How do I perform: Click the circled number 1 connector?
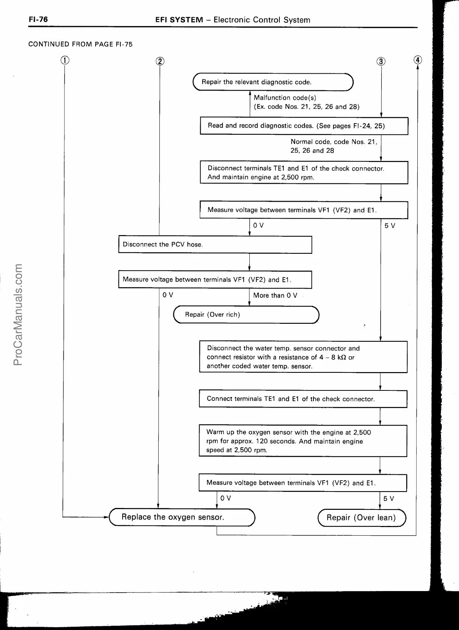click(x=65, y=60)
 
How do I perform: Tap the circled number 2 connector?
click(x=160, y=61)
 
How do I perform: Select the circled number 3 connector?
click(x=381, y=61)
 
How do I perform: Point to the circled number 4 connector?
click(x=418, y=60)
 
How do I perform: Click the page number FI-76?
click(x=38, y=19)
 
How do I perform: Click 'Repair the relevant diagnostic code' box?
click(x=273, y=82)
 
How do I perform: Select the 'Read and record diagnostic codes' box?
click(x=304, y=126)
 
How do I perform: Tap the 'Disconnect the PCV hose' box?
click(x=215, y=244)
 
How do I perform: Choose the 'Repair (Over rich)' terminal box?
click(x=246, y=314)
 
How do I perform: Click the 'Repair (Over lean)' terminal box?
click(x=361, y=518)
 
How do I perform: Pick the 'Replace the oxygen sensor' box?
click(x=182, y=517)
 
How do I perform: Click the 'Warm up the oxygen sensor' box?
click(x=303, y=441)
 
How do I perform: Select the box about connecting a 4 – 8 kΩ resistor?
click(x=303, y=357)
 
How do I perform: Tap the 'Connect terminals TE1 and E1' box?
click(x=303, y=399)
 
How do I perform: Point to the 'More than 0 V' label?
click(x=275, y=295)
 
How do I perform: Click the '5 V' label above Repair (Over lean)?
click(x=388, y=499)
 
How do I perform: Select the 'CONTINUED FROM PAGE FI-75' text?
click(x=81, y=44)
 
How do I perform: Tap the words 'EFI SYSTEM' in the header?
click(x=179, y=20)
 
